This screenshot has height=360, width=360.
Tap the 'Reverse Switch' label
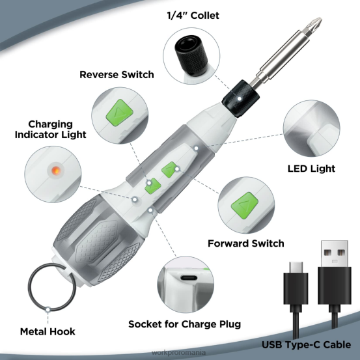117,74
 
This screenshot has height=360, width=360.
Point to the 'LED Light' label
311,169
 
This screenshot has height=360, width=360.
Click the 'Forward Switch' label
245,243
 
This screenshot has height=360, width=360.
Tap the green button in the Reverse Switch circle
120,108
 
